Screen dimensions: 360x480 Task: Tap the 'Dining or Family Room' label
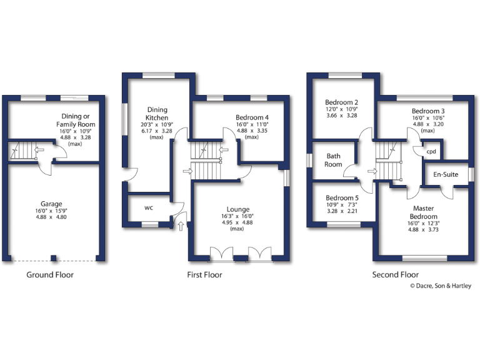[x=78, y=121]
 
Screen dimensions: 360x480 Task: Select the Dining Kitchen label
[x=157, y=113]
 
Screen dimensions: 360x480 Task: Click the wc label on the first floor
[x=149, y=207]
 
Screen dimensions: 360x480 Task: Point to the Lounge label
[x=238, y=209]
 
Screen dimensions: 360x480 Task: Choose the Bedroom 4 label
[x=252, y=117]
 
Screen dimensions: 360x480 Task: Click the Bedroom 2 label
[x=341, y=102]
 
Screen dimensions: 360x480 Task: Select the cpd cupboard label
[x=431, y=151]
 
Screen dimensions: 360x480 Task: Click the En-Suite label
[x=446, y=176]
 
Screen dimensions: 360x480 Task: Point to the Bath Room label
[x=333, y=160]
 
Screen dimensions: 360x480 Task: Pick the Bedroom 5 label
[x=341, y=197]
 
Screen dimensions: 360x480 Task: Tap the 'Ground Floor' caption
[x=50, y=274]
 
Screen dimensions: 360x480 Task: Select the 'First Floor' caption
[x=204, y=274]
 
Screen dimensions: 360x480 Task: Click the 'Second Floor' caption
[x=395, y=274]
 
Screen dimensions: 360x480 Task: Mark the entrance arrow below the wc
[x=181, y=225]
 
